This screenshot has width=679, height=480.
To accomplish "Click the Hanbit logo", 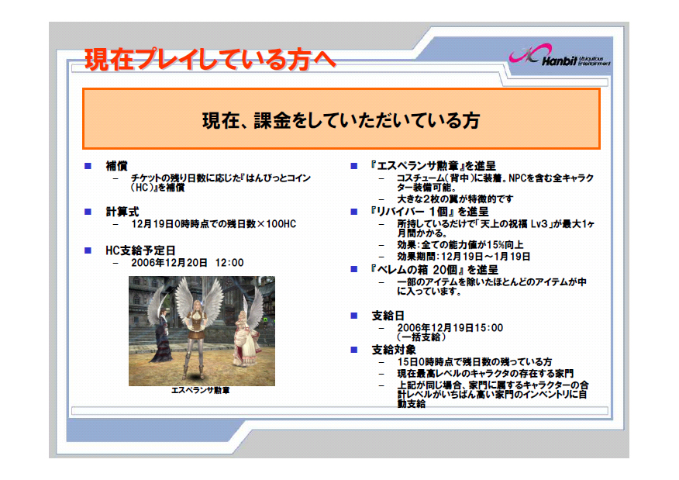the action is [x=560, y=56].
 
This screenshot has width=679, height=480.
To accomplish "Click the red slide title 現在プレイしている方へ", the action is [x=210, y=60].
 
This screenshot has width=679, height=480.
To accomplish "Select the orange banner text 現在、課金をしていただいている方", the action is [x=341, y=120].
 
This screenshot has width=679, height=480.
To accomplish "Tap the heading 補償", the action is [x=116, y=166].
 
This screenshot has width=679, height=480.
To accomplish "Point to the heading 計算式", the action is [x=122, y=212].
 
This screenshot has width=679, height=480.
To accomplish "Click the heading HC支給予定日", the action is [x=141, y=250].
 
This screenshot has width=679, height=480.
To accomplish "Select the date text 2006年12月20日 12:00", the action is [x=188, y=263].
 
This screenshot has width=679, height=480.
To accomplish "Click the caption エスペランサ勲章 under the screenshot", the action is [x=201, y=390].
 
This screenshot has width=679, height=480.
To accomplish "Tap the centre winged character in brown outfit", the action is [x=198, y=330].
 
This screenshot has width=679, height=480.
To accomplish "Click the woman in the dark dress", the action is [x=161, y=333].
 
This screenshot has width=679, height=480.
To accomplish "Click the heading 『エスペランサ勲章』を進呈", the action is [x=433, y=166].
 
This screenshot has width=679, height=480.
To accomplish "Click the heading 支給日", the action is [x=388, y=316].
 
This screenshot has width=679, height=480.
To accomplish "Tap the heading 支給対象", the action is [x=394, y=350].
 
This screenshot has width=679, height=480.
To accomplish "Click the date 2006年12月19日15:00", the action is [x=450, y=328].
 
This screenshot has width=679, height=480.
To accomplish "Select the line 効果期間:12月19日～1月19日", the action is [x=464, y=257].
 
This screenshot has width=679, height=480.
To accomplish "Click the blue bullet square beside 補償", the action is [x=88, y=166].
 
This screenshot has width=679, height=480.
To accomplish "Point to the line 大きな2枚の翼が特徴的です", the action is [x=455, y=199].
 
